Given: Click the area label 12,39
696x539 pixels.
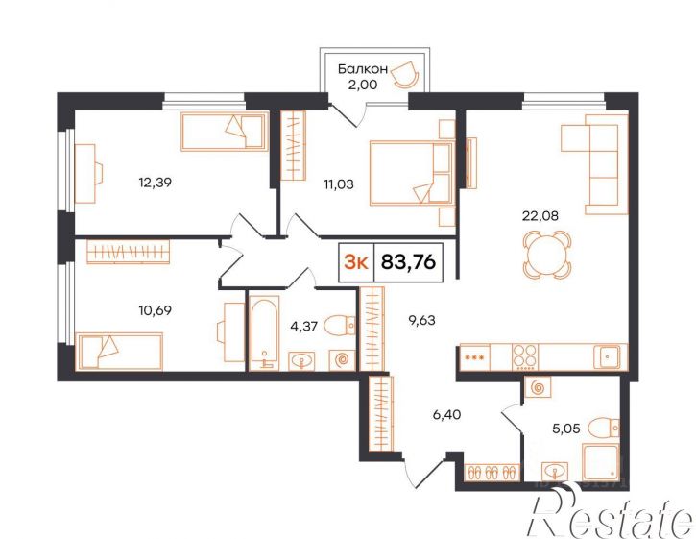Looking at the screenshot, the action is click(155, 183).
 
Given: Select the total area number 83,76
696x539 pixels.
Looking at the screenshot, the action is click(408, 262).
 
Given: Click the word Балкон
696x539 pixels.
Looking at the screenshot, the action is click(363, 69).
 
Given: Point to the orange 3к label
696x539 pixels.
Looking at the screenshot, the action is click(356, 263).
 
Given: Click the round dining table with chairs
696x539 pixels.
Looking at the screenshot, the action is click(546, 256).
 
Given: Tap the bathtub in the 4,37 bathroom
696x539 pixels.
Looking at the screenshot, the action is click(264, 332).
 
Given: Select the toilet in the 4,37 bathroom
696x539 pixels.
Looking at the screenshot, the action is click(340, 326).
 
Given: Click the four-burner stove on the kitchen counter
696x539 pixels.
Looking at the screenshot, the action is click(525, 356).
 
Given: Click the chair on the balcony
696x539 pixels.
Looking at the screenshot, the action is click(406, 74).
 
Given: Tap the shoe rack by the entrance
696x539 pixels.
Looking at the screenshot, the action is click(491, 472).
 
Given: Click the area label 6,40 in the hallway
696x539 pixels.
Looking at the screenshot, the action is click(447, 415).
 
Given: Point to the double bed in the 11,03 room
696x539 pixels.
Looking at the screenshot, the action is click(411, 173).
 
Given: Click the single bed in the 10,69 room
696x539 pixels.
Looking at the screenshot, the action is click(119, 351).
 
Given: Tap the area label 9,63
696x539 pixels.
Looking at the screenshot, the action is click(421, 320).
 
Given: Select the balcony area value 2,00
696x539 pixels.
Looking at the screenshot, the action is click(363, 85).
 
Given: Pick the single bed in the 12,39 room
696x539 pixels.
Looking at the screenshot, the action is click(225, 132).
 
